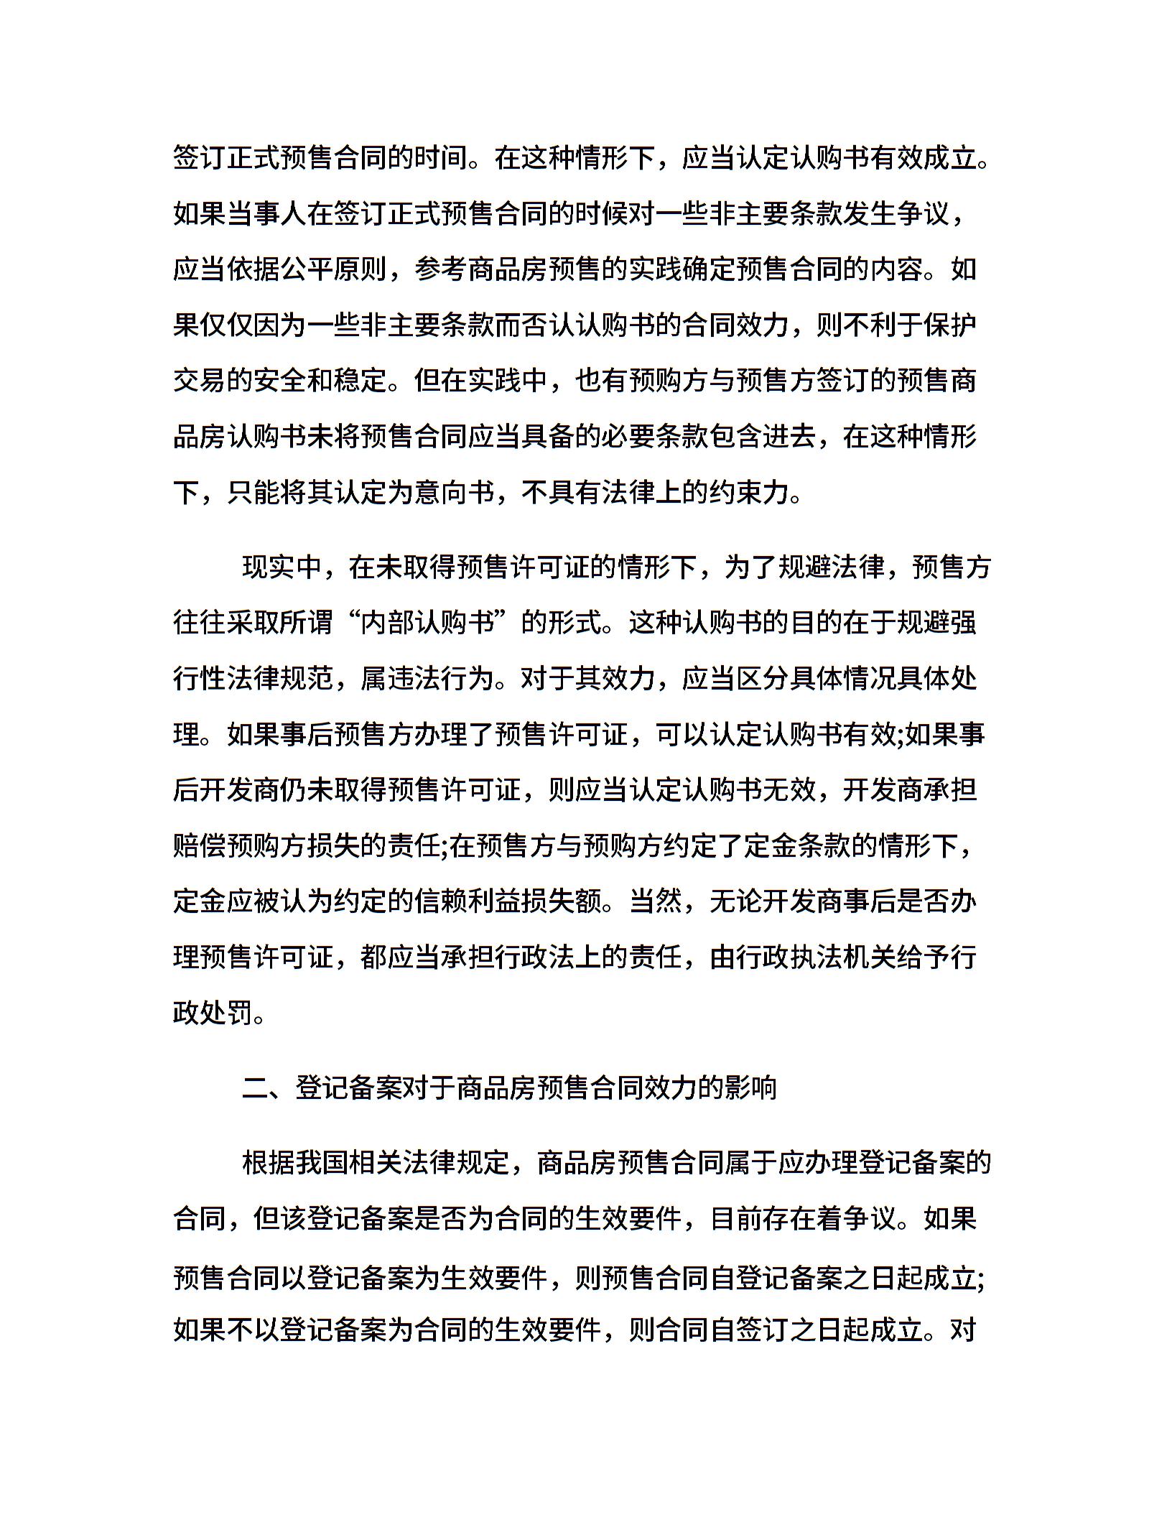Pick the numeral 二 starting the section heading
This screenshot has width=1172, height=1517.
click(x=255, y=1088)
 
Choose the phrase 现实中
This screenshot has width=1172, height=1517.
click(x=282, y=567)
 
